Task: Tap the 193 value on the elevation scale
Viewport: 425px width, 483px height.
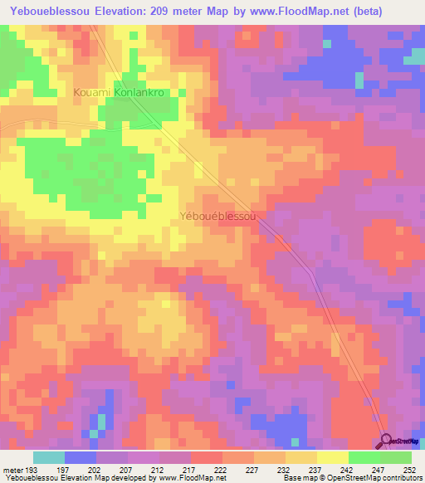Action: point(30,468)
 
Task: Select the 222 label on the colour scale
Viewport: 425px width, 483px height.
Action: point(221,468)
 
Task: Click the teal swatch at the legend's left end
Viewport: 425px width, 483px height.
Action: point(49,457)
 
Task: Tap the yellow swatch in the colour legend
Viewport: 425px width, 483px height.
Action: point(332,457)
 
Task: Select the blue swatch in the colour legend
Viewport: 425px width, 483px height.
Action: point(81,457)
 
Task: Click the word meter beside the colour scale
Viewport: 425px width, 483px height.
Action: point(12,468)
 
